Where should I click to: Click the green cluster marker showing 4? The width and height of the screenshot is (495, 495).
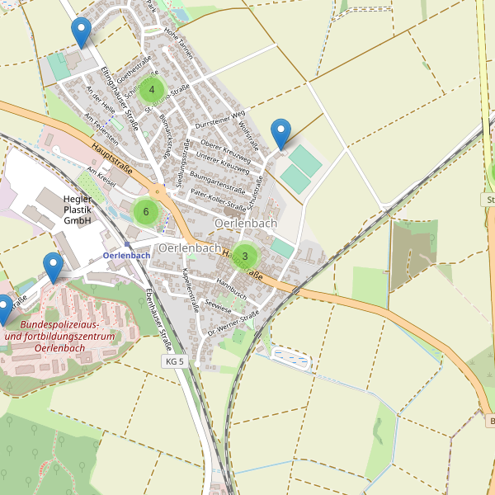pyautogui.click(x=152, y=90)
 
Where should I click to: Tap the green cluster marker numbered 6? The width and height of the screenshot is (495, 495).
pyautogui.click(x=145, y=212)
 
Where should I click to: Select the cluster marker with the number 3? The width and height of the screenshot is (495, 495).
pyautogui.click(x=245, y=257)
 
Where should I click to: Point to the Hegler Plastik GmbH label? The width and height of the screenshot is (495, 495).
pyautogui.click(x=78, y=210)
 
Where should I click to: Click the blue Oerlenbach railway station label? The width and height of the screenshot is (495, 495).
pyautogui.click(x=127, y=255)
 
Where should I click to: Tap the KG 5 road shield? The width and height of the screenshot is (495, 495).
pyautogui.click(x=174, y=361)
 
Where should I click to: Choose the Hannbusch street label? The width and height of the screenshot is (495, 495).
pyautogui.click(x=232, y=286)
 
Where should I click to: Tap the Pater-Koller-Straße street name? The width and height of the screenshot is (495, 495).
pyautogui.click(x=218, y=199)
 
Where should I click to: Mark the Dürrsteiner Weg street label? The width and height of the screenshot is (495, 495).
pyautogui.click(x=220, y=119)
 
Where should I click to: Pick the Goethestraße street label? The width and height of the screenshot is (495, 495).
pyautogui.click(x=132, y=64)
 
